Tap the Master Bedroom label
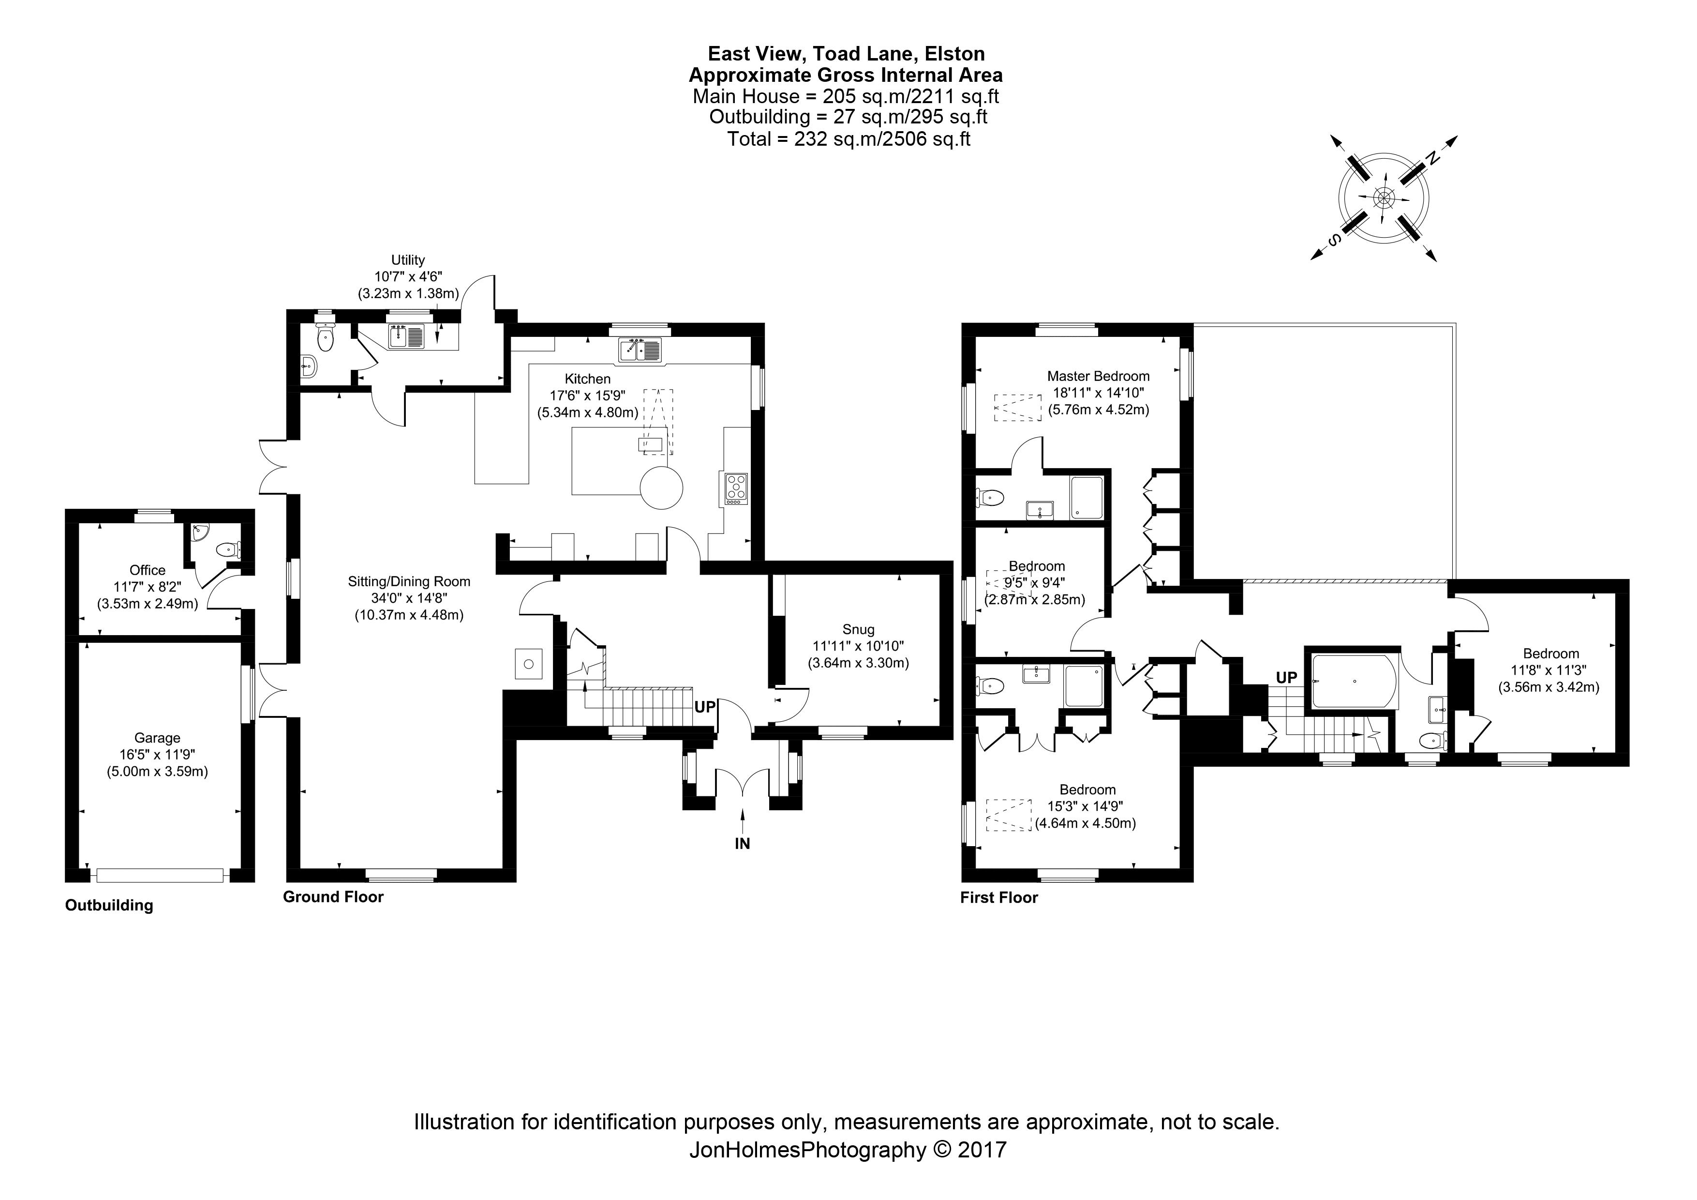point(1098,376)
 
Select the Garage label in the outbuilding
point(157,738)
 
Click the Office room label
point(147,570)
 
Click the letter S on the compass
point(1334,240)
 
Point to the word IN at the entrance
point(742,844)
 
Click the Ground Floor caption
point(333,897)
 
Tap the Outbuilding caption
point(109,906)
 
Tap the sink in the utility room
point(406,337)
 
